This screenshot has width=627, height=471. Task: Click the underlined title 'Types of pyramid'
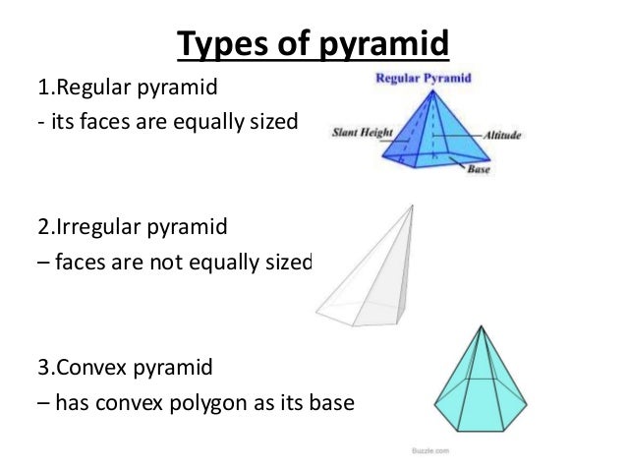[x=313, y=43]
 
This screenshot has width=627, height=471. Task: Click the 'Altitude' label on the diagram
[x=504, y=134]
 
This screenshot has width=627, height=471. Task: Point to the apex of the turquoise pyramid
[x=479, y=327]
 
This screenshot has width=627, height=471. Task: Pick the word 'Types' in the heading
[x=212, y=43]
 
